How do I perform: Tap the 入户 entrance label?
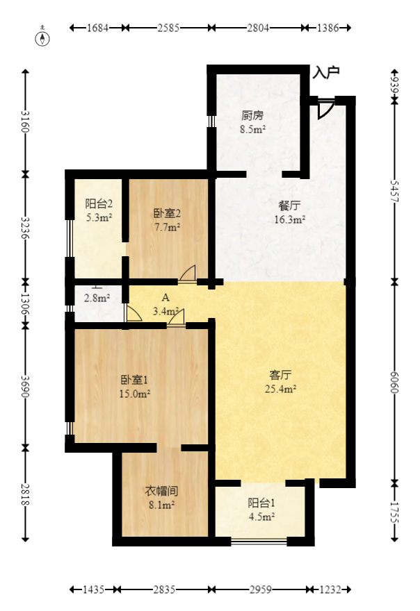pos(325,72)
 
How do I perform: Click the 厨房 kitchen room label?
pos(252,115)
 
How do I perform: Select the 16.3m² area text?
pos(290,220)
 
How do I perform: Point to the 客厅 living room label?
pos(280,374)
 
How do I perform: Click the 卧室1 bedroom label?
pos(134,380)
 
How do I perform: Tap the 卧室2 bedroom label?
pos(167,213)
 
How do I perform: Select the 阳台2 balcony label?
pos(99,204)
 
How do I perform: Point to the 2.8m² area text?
pos(97,299)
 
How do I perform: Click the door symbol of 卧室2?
pos(187,274)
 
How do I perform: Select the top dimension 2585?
pos(169,28)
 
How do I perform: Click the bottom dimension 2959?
pos(260,589)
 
